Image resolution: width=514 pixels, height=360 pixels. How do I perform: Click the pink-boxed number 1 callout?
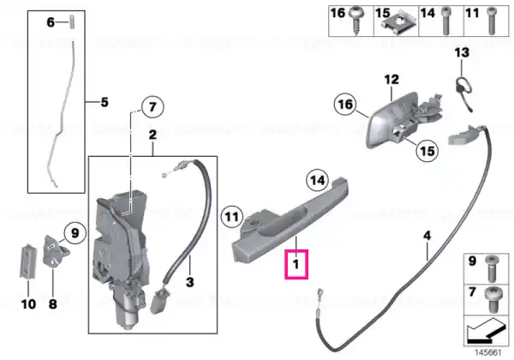point(296,264)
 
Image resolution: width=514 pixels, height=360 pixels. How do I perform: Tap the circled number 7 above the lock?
point(152,107)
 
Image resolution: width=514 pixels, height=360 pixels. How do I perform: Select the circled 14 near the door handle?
point(317,180)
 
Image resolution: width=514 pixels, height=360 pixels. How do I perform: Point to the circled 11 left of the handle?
point(232,217)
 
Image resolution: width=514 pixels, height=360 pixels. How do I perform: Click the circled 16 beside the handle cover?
point(345,105)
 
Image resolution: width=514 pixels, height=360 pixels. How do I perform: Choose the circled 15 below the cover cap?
point(427,151)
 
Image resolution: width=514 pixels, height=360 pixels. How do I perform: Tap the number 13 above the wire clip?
point(462,52)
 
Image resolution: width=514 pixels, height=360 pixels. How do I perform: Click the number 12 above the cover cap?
point(391,80)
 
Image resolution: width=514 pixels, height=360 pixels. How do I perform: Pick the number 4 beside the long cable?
point(427,236)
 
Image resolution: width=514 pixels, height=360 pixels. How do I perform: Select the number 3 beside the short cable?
point(190,282)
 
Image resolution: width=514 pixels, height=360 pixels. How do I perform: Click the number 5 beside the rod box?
point(105,102)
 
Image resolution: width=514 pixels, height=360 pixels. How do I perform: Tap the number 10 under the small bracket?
point(28,304)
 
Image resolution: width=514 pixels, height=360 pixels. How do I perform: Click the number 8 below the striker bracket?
point(53,304)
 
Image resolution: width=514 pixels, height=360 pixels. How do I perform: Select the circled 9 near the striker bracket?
point(75,233)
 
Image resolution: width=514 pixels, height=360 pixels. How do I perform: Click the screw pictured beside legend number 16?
point(356,20)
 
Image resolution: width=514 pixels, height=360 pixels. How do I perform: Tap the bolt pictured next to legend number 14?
point(445,21)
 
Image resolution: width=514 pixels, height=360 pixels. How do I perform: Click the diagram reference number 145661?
point(488,353)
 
